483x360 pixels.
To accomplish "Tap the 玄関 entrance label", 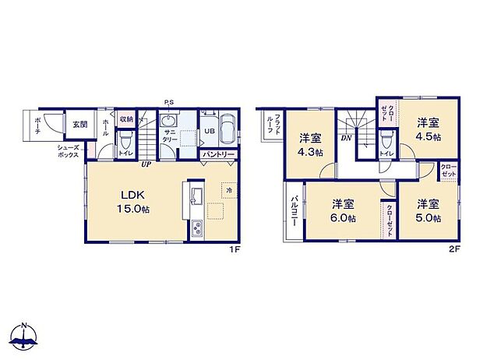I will coord(80,124).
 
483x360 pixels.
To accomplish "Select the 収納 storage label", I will coord(127,119).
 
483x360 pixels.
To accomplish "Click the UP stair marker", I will coord(146,164).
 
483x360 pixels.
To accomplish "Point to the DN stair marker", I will coord(345,138).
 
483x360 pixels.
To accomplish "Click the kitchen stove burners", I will coord(197,229).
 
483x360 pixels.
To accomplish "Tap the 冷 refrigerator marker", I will coord(229,190).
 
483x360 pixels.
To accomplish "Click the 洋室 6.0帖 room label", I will coord(343,211).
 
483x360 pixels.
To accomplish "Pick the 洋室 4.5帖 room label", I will coord(427,129).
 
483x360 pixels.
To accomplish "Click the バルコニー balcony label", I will coord(294,210).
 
